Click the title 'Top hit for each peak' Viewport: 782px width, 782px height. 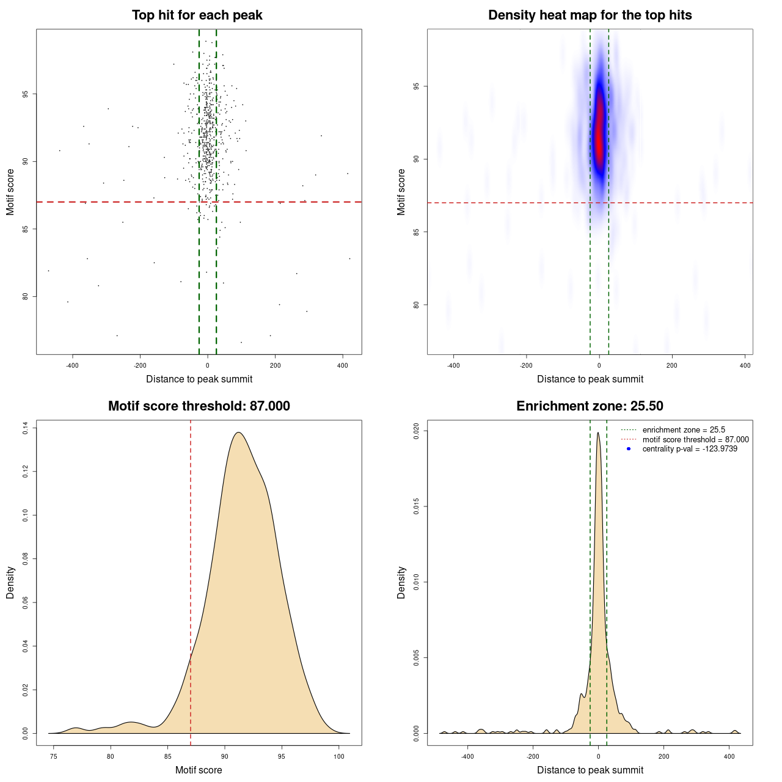pyautogui.click(x=197, y=15)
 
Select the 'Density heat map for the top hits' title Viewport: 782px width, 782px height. pyautogui.click(x=590, y=15)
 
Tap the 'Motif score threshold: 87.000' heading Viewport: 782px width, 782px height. pyautogui.click(x=199, y=406)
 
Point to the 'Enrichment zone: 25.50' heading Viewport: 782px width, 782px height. pyautogui.click(x=590, y=406)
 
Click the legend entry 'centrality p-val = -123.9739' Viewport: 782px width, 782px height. pyautogui.click(x=690, y=449)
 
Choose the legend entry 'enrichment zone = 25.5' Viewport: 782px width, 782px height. pyautogui.click(x=684, y=430)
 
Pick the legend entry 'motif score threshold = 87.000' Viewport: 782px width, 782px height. pyautogui.click(x=695, y=440)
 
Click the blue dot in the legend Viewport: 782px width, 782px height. pyautogui.click(x=629, y=449)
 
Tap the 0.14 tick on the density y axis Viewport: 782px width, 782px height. pyautogui.click(x=26, y=429)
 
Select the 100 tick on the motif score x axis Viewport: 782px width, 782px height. pyautogui.click(x=338, y=757)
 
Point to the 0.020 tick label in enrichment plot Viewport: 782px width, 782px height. pyautogui.click(x=417, y=431)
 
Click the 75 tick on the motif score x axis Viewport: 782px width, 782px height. pyautogui.click(x=54, y=757)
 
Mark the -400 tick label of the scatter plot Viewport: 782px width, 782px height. pyautogui.click(x=72, y=366)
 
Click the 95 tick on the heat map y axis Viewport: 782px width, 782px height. pyautogui.click(x=417, y=87)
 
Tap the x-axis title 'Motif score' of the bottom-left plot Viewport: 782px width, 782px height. pyautogui.click(x=199, y=770)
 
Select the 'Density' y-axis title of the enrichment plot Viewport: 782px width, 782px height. pyautogui.click(x=401, y=582)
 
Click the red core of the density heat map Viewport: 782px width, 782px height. pyautogui.click(x=599, y=131)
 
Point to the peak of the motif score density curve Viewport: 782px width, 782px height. pyautogui.click(x=238, y=433)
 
